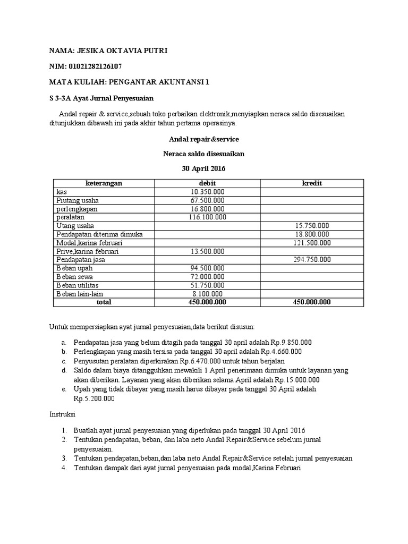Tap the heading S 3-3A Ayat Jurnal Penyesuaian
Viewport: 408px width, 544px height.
(101, 98)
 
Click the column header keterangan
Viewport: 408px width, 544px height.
(104, 183)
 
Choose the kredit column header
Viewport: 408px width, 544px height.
(312, 183)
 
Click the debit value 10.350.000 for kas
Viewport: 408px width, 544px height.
(207, 192)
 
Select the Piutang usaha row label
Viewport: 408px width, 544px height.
(78, 200)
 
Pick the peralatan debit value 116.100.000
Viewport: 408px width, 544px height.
(207, 217)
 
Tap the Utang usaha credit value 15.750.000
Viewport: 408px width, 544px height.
(312, 226)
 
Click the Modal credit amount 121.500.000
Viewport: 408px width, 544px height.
(312, 243)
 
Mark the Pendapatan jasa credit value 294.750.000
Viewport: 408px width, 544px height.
(312, 260)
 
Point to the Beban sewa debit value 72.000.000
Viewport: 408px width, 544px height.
(207, 277)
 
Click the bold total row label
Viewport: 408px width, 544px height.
(104, 302)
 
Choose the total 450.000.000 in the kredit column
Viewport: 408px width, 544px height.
(312, 302)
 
